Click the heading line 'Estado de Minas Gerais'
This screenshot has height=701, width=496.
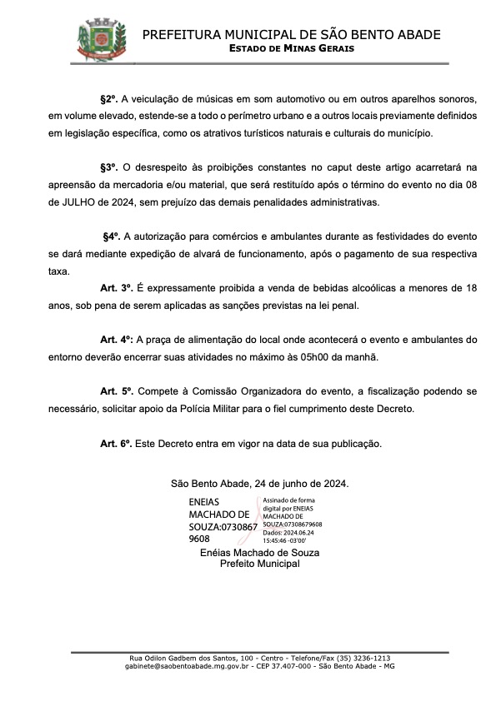[291, 48]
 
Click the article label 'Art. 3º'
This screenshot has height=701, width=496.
[117, 287]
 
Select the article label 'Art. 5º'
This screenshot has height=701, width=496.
[117, 390]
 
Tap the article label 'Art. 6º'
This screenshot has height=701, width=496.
[117, 444]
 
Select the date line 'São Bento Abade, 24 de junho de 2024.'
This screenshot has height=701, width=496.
[259, 483]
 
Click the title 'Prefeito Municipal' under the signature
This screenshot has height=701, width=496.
[259, 564]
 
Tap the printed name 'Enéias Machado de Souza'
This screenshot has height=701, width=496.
[260, 553]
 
